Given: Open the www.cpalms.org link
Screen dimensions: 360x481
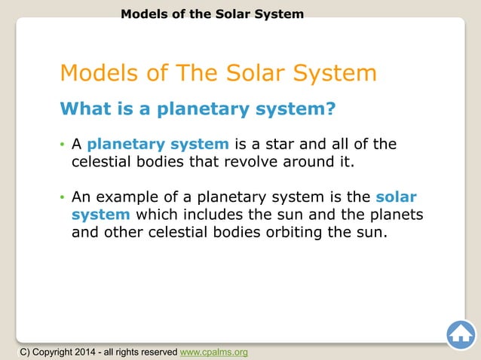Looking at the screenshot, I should [213, 352].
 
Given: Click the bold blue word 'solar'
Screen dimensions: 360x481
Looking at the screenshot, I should [396, 197].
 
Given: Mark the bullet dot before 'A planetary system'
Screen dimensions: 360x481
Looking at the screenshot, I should [63, 145].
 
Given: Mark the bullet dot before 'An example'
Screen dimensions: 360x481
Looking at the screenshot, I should [63, 198].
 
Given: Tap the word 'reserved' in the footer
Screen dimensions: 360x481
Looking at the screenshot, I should [156, 352].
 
